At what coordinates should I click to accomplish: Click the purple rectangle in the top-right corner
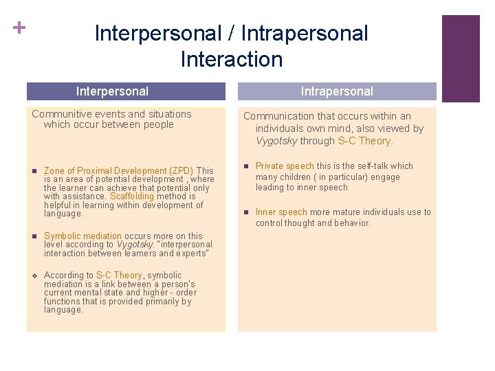[x=460, y=58]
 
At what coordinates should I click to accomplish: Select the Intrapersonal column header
[x=337, y=91]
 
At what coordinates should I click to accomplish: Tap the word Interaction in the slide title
[x=231, y=59]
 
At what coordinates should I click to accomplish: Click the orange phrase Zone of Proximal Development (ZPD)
[x=118, y=170]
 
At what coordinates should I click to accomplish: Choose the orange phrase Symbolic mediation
[x=82, y=236]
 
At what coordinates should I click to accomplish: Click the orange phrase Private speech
[x=285, y=166]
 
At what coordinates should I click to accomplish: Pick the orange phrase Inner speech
[x=281, y=212]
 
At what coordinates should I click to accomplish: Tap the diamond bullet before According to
[x=34, y=276]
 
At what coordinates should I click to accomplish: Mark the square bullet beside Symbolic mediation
[x=34, y=236]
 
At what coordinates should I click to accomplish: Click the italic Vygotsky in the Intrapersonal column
[x=276, y=141]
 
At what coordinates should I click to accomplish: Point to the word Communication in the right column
[x=278, y=116]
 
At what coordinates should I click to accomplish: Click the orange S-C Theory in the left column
[x=119, y=276]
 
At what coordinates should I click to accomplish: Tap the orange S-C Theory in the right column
[x=364, y=141]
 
